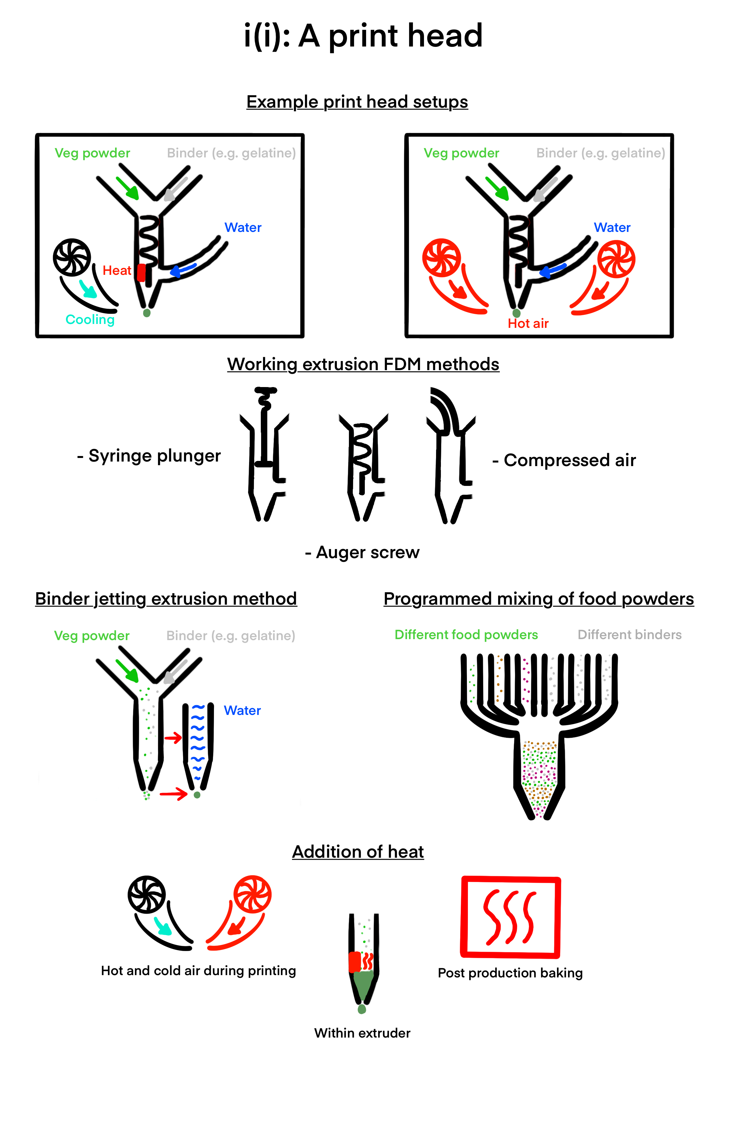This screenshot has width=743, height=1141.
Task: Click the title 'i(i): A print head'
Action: (363, 36)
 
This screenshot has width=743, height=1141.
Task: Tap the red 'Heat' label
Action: (116, 271)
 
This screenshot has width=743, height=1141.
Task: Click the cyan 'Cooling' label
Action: (90, 320)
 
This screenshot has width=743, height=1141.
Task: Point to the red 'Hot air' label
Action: (528, 324)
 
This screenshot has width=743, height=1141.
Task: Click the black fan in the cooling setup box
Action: (72, 258)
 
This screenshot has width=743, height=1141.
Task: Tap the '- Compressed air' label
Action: (564, 460)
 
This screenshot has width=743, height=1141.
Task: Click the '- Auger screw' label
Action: (362, 553)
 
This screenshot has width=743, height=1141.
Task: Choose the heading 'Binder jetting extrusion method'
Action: (166, 599)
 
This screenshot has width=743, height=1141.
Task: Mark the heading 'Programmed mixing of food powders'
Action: (538, 599)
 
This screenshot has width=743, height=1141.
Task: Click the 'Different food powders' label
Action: (466, 635)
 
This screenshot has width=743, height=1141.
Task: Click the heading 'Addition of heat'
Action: (358, 852)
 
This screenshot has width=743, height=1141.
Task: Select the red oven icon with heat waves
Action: (511, 917)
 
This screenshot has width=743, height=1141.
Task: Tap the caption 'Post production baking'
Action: (510, 973)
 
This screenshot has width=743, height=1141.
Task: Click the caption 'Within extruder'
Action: (362, 1033)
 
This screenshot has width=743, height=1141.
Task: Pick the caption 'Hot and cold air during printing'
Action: (198, 971)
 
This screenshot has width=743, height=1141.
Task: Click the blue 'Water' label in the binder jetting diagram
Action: (242, 710)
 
